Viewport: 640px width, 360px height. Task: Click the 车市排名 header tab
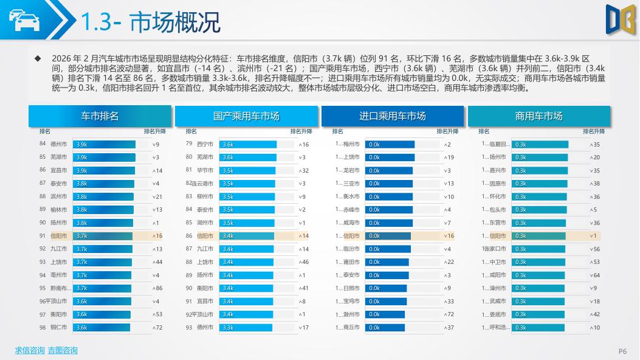tap(100, 116)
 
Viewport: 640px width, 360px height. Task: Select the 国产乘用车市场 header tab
tap(246, 116)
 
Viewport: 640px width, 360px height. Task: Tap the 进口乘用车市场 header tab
tap(393, 116)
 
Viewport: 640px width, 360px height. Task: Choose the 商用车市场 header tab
tap(538, 116)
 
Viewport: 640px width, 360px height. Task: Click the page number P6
tap(622, 351)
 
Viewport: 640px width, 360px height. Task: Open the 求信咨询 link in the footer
tap(30, 350)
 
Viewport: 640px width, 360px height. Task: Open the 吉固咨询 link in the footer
tap(63, 350)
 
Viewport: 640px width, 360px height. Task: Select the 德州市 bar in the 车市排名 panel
tap(104, 145)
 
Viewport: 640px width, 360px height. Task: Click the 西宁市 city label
tap(205, 145)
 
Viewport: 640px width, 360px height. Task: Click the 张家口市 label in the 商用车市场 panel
tap(494, 249)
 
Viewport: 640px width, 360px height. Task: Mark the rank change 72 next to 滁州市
tap(450, 314)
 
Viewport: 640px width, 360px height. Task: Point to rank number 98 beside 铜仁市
tap(43, 328)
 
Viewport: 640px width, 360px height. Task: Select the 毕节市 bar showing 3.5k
tap(247, 171)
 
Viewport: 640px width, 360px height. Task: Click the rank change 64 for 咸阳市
tap(596, 275)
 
